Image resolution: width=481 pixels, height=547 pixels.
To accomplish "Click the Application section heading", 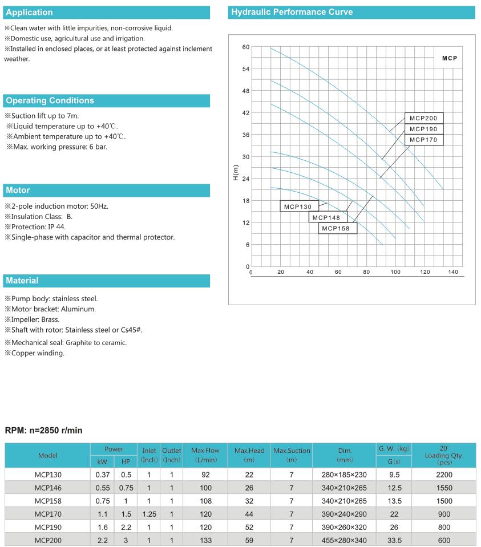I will (x=29, y=12).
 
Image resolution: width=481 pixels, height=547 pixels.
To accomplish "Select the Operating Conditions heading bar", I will (x=50, y=100).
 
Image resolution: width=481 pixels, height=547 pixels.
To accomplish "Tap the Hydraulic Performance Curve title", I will (x=292, y=12).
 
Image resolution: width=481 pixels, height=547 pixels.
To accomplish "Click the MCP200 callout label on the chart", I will (x=423, y=119).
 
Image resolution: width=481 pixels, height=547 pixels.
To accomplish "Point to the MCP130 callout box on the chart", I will (x=298, y=206).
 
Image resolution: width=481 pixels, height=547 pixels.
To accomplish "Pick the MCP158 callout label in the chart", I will (x=337, y=229).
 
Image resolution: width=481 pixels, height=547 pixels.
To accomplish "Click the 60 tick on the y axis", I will (x=246, y=47).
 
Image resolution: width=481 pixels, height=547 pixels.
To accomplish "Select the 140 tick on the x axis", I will (x=453, y=272).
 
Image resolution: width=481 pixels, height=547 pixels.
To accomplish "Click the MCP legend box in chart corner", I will (x=449, y=58).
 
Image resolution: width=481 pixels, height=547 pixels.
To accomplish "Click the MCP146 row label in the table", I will (x=47, y=488).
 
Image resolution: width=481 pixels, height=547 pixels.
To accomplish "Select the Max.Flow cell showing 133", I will (x=205, y=539).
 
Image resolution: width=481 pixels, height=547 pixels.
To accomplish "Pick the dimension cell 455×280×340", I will (x=343, y=539).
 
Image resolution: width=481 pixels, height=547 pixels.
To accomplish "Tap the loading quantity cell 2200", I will (x=443, y=474).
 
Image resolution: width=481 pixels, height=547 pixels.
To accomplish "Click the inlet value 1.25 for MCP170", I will (x=148, y=513).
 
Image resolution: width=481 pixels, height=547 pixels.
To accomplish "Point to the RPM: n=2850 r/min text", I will (x=43, y=430).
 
